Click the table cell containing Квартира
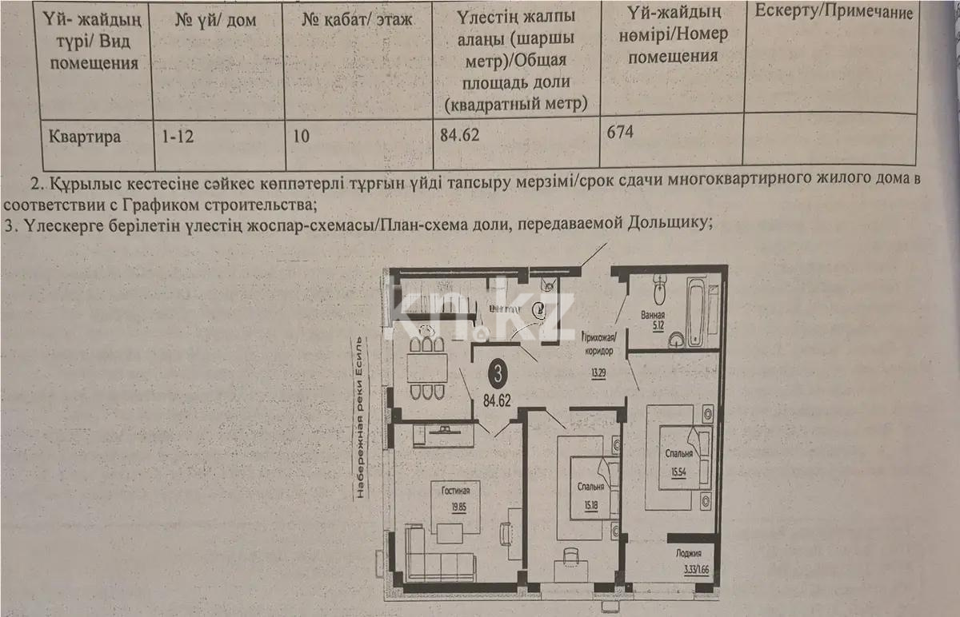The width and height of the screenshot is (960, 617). pos(85,137)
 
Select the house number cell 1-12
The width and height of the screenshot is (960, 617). pos(178,137)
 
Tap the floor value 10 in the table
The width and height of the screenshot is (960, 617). pos(301,136)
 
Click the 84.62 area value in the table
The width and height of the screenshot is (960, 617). pos(459,135)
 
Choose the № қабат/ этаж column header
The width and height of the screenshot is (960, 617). pos(357,20)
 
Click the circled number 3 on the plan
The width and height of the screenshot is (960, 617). pos(498,372)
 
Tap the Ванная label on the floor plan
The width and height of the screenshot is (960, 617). pos(653,314)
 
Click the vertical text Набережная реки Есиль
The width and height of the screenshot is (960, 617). pos(361,415)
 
